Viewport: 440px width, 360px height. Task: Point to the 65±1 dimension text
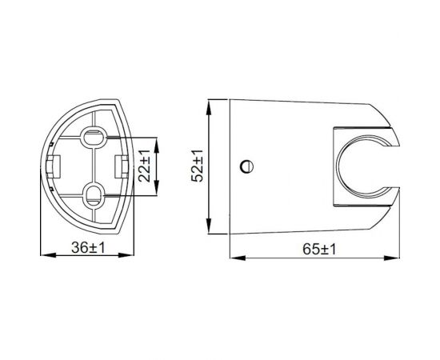pyautogui.click(x=320, y=249)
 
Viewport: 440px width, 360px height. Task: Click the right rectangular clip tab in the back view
pyautogui.click(x=123, y=164)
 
